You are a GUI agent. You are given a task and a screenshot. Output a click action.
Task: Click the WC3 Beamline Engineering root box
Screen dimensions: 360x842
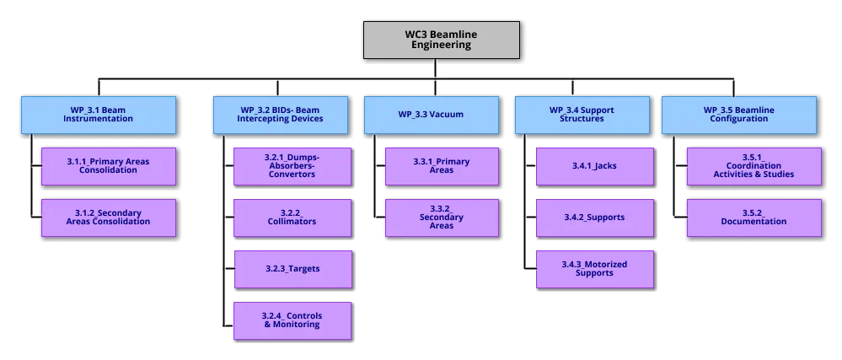442,40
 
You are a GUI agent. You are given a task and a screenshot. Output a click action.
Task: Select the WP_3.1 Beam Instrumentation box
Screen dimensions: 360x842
98,115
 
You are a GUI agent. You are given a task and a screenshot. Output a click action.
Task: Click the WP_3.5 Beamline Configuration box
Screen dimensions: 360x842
738,115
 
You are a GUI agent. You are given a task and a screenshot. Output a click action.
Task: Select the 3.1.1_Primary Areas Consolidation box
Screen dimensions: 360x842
108,166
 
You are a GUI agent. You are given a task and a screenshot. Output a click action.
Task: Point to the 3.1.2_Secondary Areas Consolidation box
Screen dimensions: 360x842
108,217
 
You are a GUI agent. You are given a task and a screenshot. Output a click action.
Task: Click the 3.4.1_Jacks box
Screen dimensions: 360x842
594,166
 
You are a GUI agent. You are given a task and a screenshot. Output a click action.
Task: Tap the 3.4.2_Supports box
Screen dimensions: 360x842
594,217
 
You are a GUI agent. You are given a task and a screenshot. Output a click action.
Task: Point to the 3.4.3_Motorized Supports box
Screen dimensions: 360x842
594,268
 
